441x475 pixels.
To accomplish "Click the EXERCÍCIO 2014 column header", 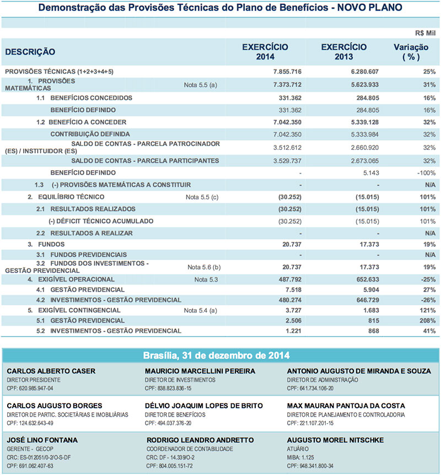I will tap(265, 52).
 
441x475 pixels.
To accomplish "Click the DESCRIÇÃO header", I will tap(30, 52).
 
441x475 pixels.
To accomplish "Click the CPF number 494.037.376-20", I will tap(168, 423).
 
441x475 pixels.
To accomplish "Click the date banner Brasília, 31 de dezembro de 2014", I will tap(220, 355).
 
